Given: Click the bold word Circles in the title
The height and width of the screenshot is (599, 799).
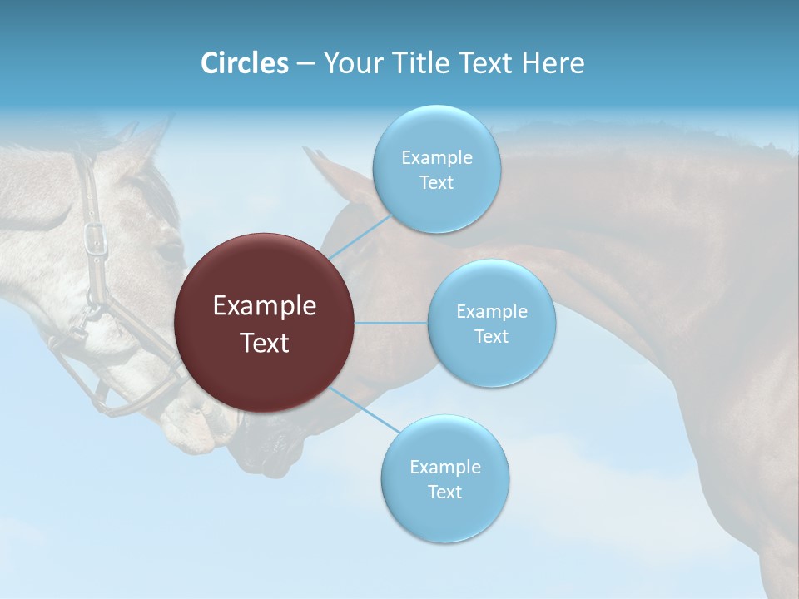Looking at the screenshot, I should [244, 62].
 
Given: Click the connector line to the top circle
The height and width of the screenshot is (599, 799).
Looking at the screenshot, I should [360, 236].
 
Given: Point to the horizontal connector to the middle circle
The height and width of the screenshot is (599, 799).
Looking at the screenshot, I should [390, 323].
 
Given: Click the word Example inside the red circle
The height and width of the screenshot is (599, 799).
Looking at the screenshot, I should [265, 306].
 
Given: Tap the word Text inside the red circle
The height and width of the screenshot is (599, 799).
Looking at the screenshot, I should [265, 343].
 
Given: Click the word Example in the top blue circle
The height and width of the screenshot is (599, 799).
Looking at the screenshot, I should [436, 158].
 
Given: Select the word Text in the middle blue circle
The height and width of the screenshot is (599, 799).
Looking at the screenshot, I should [491, 337].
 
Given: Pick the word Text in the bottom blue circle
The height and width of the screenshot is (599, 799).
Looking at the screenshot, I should [444, 493].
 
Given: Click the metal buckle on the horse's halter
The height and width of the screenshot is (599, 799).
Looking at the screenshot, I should [96, 237].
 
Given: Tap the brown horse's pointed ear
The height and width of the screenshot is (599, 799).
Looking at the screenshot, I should [320, 166].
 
